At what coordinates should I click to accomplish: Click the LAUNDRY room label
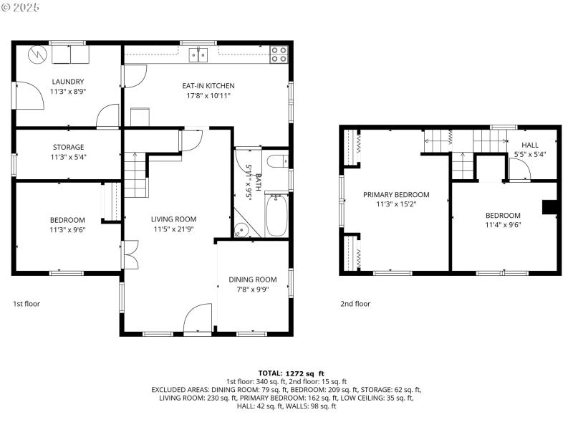coord(67,82)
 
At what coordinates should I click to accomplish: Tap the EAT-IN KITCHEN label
coord(208,86)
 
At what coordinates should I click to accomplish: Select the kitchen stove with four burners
coord(279,54)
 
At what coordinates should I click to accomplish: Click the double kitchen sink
coord(198,54)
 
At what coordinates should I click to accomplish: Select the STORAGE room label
coord(67,147)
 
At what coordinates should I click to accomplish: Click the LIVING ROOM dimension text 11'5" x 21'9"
coord(173,229)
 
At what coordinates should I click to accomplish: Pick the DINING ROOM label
coord(252,279)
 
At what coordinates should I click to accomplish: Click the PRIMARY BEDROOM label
coord(396,194)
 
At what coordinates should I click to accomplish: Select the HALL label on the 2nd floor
coord(530,145)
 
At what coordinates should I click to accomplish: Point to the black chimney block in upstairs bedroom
coord(549,207)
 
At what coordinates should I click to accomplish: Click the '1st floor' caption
coord(27,304)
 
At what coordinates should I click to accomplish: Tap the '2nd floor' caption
coord(355,304)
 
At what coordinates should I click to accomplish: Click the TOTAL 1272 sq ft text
coord(291,373)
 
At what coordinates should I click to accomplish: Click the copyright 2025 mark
coord(21,7)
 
